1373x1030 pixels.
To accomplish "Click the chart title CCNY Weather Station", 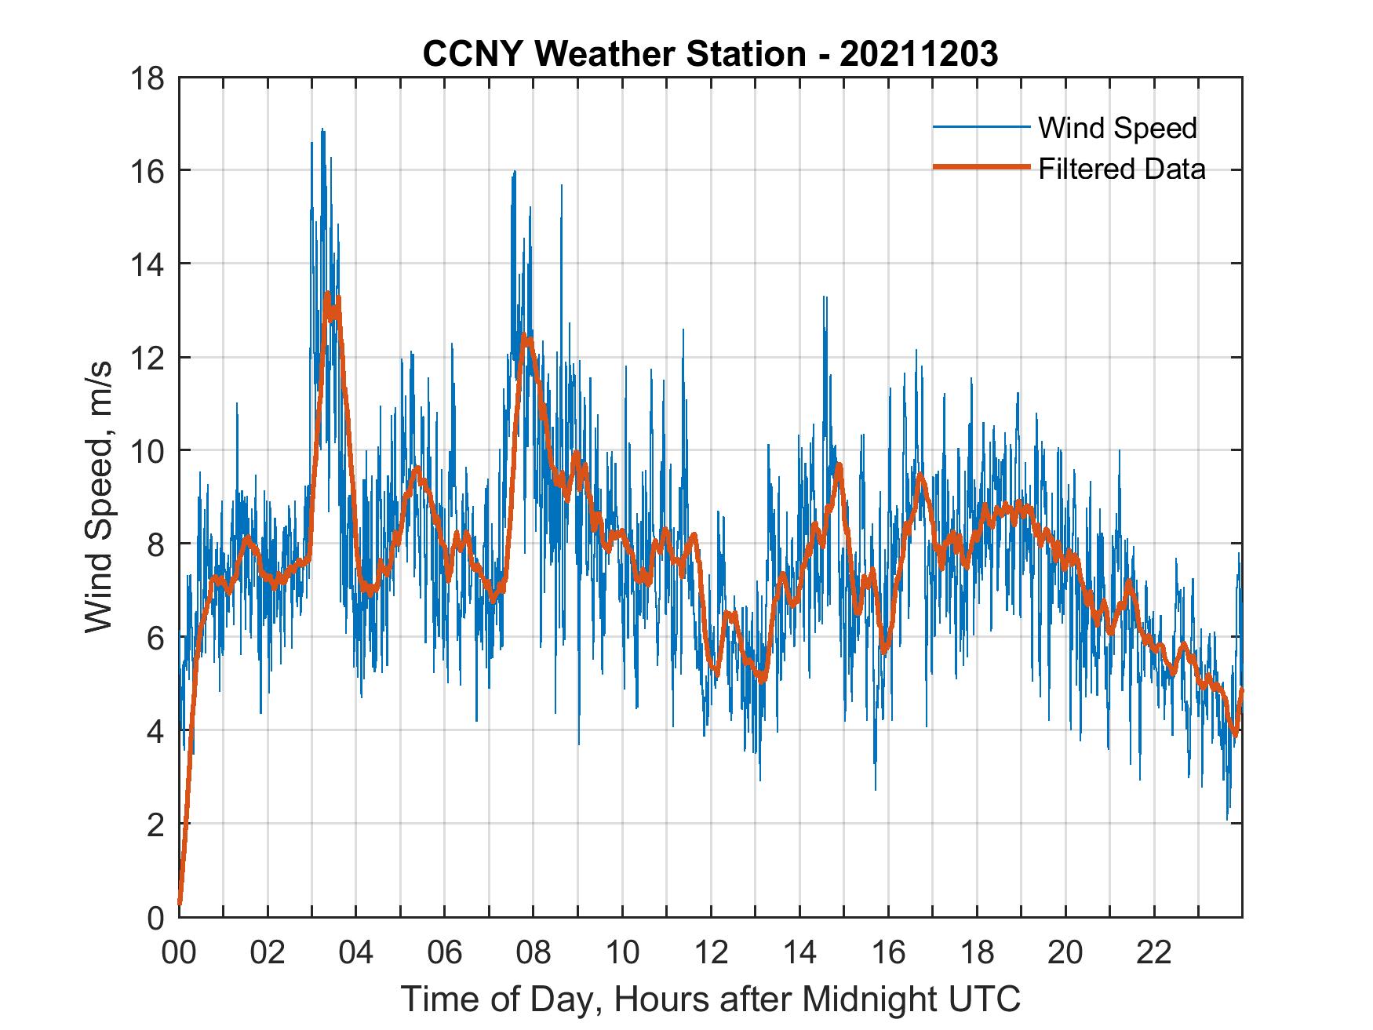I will coord(710,54).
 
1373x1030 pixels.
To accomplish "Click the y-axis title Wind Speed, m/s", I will coord(99,497).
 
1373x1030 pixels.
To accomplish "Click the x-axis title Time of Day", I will coord(710,999).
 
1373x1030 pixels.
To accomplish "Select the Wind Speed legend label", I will coord(1117,128).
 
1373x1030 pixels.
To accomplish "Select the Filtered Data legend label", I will coord(1121,169).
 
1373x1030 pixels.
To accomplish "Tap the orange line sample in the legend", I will coord(981,167).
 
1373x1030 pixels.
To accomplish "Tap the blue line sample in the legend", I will coord(981,127).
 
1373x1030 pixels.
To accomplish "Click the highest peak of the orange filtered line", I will coord(327,296).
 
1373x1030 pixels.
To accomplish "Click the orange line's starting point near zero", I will coord(180,902).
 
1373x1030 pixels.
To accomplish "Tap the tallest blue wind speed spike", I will coord(322,129).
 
